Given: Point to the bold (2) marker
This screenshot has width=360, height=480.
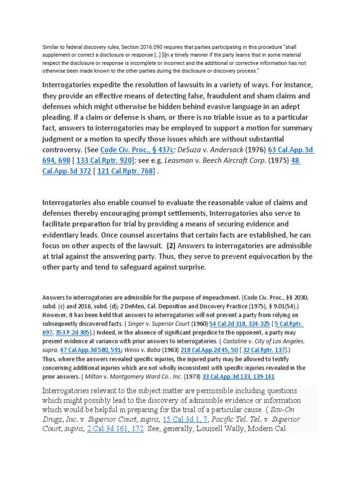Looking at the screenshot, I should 172,246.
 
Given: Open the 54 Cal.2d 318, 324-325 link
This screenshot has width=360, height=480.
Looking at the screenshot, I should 240,324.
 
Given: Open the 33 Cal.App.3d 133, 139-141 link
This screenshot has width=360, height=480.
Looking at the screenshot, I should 239,376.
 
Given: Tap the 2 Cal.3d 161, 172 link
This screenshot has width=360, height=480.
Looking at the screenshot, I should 115,429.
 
